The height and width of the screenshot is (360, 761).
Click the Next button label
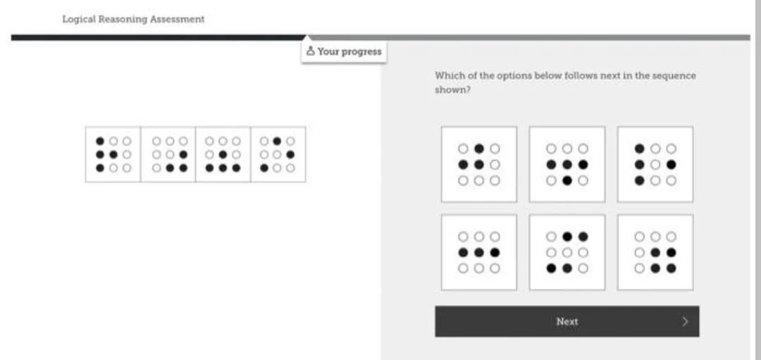(567, 322)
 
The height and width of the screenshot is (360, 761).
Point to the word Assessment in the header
(178, 19)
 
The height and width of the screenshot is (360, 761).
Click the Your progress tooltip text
(349, 51)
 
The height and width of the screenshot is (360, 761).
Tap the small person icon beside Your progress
(311, 51)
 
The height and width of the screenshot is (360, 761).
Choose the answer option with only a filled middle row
(479, 252)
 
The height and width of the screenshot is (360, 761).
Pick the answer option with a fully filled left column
(655, 164)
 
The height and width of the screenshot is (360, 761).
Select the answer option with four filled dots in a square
(655, 252)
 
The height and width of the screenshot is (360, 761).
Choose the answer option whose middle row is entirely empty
(567, 252)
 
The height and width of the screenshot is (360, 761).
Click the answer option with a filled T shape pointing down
(567, 164)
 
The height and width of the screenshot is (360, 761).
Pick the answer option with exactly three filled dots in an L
(479, 164)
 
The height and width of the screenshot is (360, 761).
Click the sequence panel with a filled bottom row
(223, 154)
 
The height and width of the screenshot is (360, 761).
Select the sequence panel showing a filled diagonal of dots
(278, 154)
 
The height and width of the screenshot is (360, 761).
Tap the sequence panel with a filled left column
(113, 154)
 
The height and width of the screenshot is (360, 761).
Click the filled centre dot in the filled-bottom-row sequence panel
(223, 154)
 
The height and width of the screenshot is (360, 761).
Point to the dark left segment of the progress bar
(155, 37)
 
